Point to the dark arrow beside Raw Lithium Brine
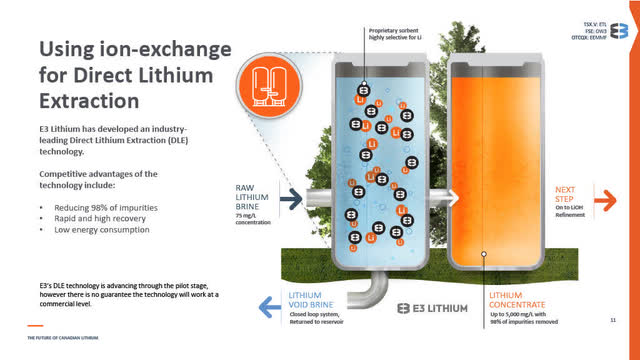291,199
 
